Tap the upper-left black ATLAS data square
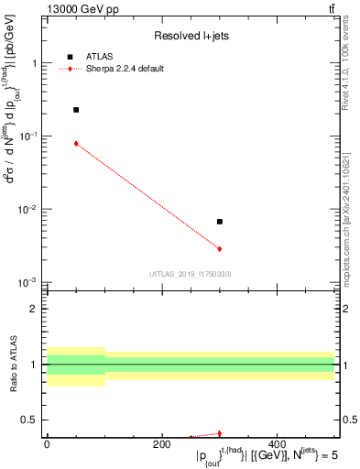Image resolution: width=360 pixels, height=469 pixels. tap(76, 110)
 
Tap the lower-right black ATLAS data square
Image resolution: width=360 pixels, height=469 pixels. tap(220, 222)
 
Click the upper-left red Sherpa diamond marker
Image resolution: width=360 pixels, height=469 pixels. tap(76, 144)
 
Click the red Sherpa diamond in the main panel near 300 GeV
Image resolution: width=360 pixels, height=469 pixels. tap(220, 249)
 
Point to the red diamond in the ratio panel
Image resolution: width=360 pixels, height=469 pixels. tap(220, 433)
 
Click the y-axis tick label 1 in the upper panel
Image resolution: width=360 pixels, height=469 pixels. tap(35, 64)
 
